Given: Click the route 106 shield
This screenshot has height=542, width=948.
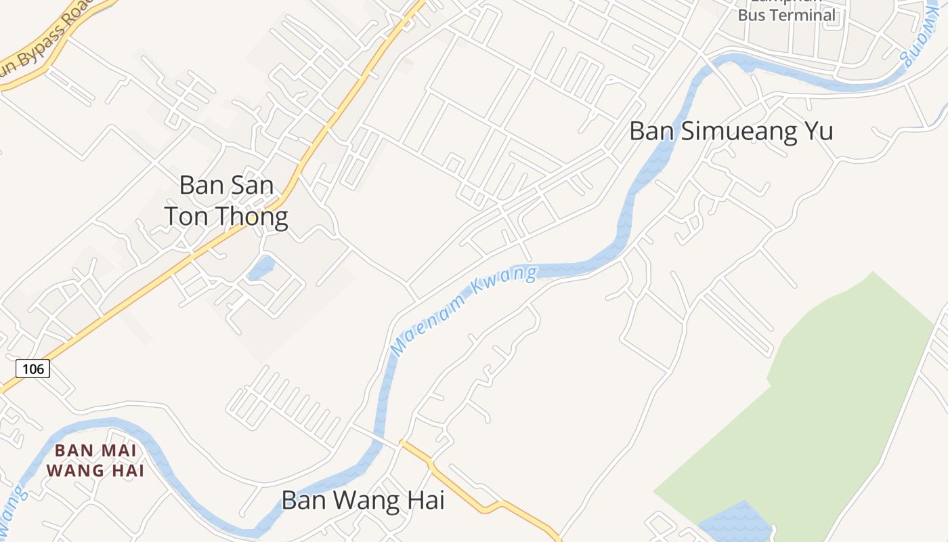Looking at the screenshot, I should [33, 369].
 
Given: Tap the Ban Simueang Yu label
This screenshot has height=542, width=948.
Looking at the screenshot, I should [731, 131].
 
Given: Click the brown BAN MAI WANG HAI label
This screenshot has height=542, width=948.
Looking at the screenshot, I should [95, 460].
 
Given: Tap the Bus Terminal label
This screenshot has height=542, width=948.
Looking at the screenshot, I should [786, 15].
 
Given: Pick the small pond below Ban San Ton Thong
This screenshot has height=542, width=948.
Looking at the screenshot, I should [262, 268].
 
